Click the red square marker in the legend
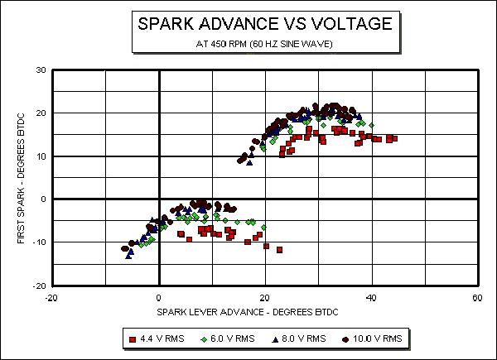coord(133,338)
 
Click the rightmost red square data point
coord(394,138)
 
